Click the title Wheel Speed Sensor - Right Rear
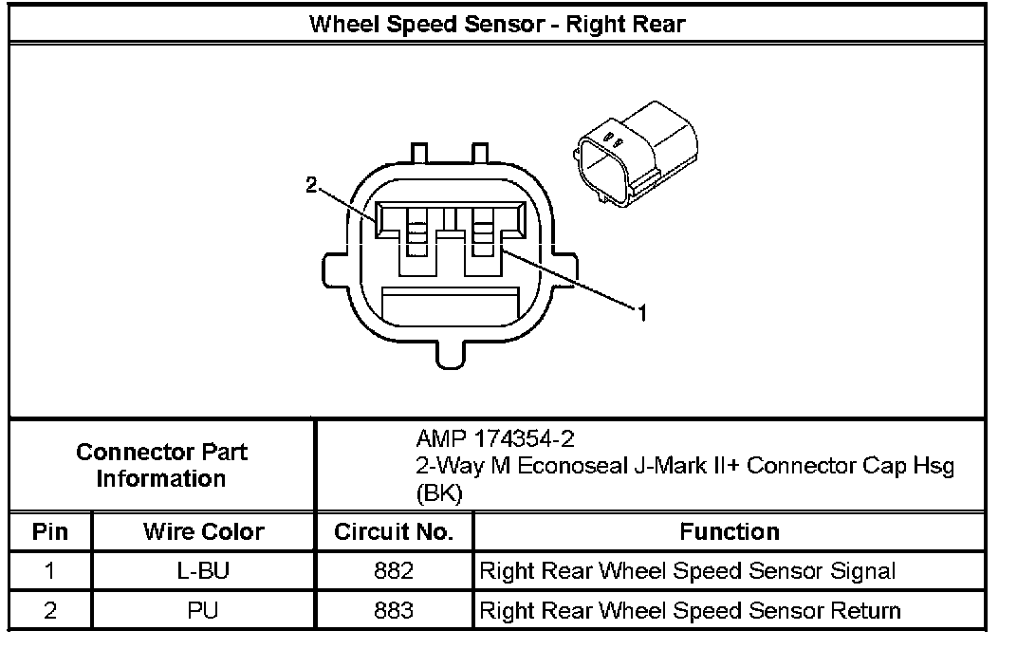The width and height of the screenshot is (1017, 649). click(x=496, y=23)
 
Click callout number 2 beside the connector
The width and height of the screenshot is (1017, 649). click(x=311, y=186)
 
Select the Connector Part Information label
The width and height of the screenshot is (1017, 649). click(x=161, y=465)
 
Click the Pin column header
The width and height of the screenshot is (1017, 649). click(x=50, y=531)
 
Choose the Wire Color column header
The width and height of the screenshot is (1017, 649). click(x=203, y=531)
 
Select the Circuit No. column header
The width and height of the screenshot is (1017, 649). click(x=394, y=531)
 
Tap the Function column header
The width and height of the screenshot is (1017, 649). click(x=729, y=531)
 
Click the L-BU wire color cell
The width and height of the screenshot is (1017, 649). click(x=203, y=571)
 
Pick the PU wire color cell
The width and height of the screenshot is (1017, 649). click(x=203, y=610)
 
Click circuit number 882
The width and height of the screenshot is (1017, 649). click(x=394, y=571)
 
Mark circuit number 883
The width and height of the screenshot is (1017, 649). click(x=394, y=610)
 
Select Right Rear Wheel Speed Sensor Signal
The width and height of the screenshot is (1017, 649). click(x=688, y=571)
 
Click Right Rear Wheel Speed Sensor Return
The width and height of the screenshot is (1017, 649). click(x=690, y=610)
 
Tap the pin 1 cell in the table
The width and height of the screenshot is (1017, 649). click(x=50, y=571)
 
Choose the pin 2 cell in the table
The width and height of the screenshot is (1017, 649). click(x=50, y=610)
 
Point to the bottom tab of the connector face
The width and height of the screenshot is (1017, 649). click(x=452, y=354)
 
